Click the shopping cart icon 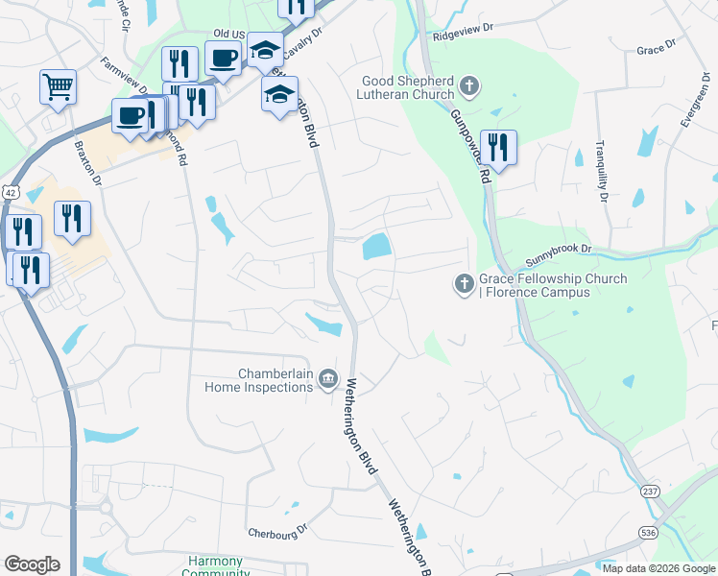[x=58, y=87]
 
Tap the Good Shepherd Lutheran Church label [x=407, y=89]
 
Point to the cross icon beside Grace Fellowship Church [x=463, y=284]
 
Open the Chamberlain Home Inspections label [x=259, y=380]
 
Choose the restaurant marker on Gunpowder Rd [x=498, y=148]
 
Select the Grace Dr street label [x=656, y=45]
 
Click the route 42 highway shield [x=10, y=192]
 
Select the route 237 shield [x=651, y=492]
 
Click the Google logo [x=32, y=564]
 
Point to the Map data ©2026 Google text [x=658, y=568]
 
